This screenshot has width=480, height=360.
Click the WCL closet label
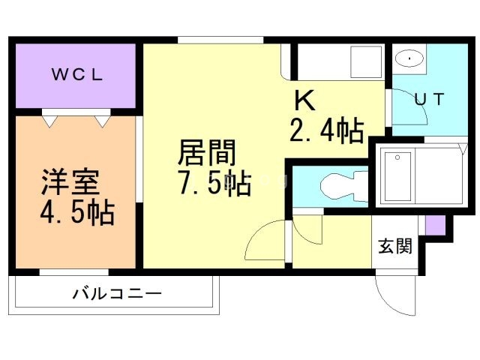click(x=76, y=76)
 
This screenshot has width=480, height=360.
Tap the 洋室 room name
click(x=71, y=183)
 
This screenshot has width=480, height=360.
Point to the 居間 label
click(x=206, y=154)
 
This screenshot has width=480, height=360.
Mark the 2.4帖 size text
click(x=327, y=130)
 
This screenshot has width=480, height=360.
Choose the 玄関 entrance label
click(x=394, y=246)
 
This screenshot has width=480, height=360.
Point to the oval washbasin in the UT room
click(x=409, y=58)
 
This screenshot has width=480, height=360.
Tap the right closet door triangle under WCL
click(x=101, y=118)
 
